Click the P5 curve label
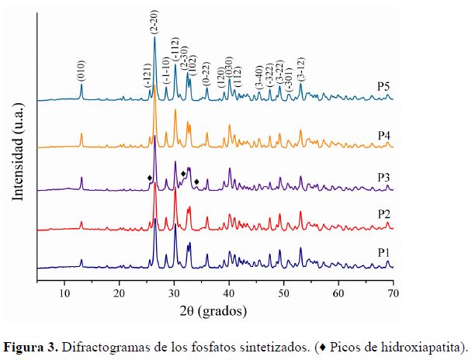(383, 86)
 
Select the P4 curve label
(383, 135)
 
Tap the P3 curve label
(383, 177)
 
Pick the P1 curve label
(383, 252)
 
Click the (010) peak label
(82, 71)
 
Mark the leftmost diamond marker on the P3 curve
(149, 178)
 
